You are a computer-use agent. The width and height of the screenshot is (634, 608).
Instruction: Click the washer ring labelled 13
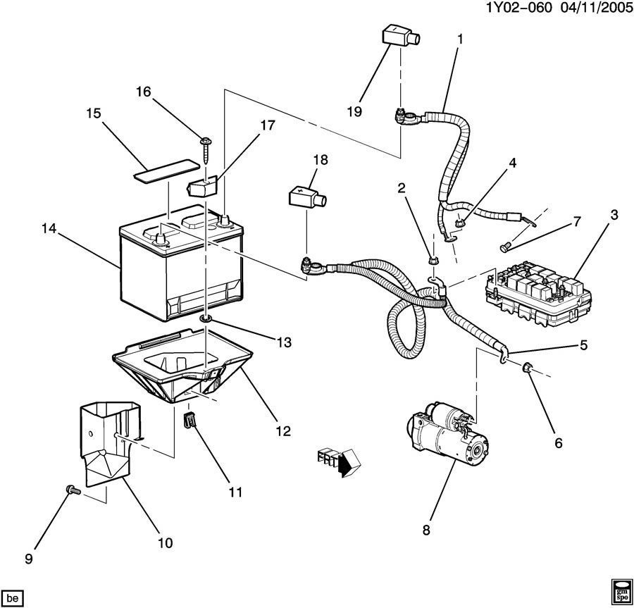pos(206,321)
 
